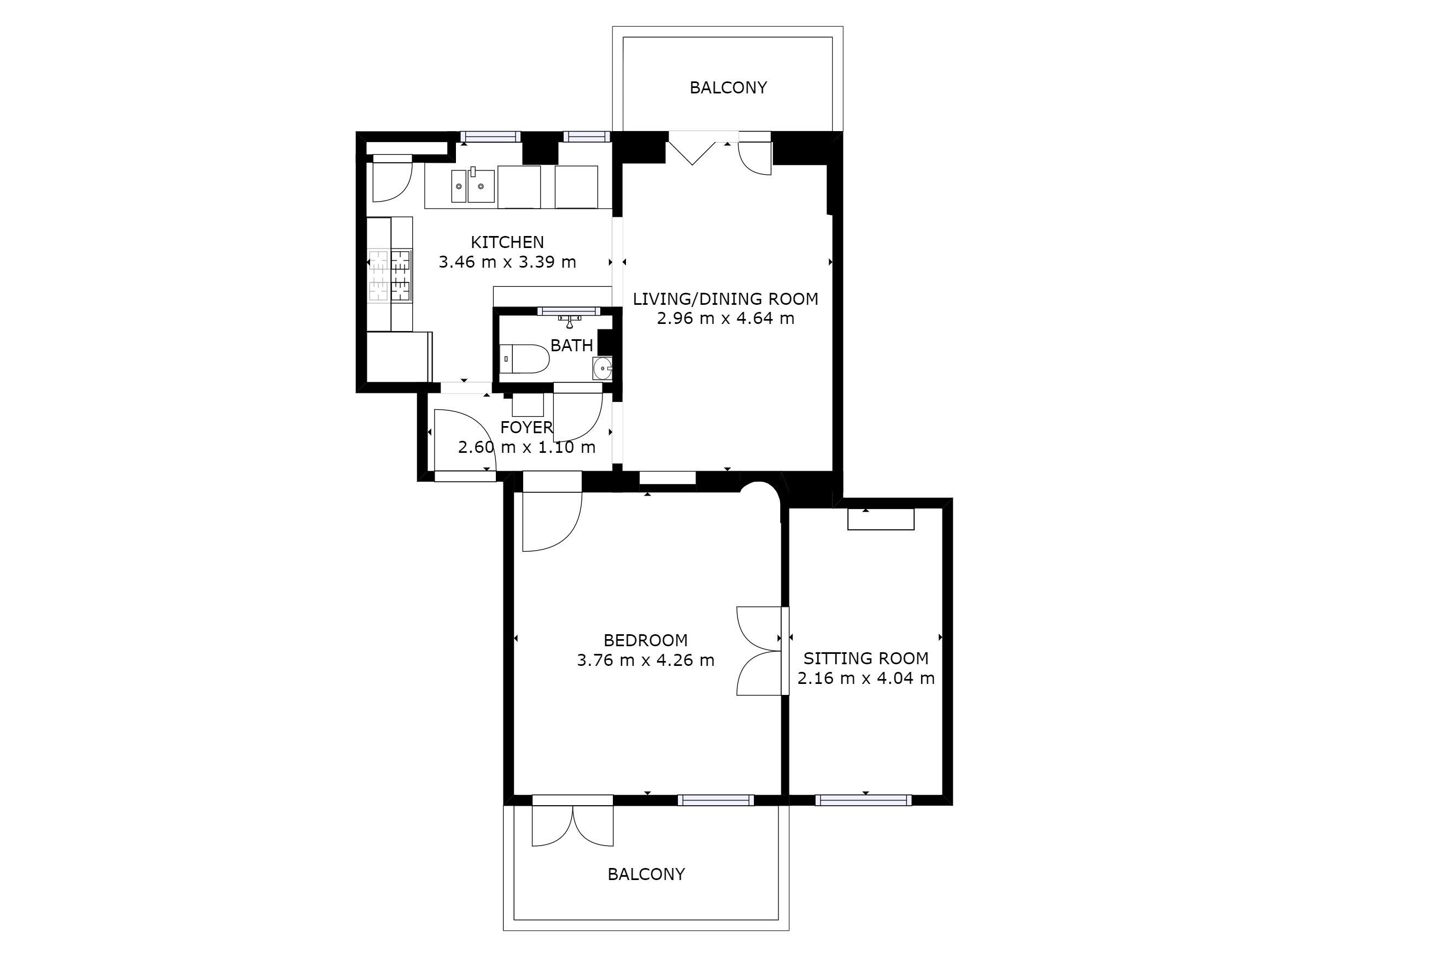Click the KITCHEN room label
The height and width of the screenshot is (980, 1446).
tap(507, 242)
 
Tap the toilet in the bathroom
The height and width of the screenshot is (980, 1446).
tap(524, 359)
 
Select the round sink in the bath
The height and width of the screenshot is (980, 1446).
tap(602, 368)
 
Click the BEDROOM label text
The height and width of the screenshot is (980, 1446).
tap(645, 640)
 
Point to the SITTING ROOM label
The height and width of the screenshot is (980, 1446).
tap(865, 658)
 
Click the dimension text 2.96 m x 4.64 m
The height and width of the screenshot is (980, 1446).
tap(725, 318)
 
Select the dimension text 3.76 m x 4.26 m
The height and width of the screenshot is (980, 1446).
tap(645, 660)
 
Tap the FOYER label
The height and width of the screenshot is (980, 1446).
tap(526, 427)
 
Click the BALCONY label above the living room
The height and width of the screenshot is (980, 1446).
tap(728, 88)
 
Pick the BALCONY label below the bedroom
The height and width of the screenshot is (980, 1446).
tap(646, 874)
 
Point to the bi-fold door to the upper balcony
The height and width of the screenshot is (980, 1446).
tap(692, 149)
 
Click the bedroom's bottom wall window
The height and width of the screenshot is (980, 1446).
tap(716, 800)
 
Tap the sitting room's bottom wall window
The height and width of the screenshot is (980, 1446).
tap(864, 800)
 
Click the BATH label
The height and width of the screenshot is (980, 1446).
tap(572, 346)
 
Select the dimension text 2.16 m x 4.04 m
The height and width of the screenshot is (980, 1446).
tap(865, 678)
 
